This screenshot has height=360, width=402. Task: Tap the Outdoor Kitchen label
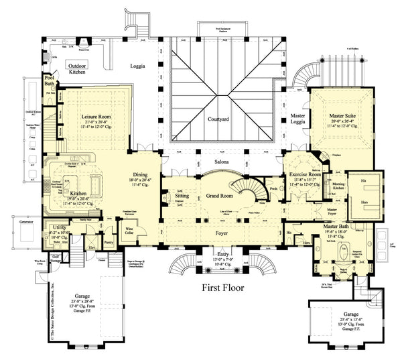[x=81, y=69]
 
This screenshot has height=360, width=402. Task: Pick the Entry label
[x=223, y=255]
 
